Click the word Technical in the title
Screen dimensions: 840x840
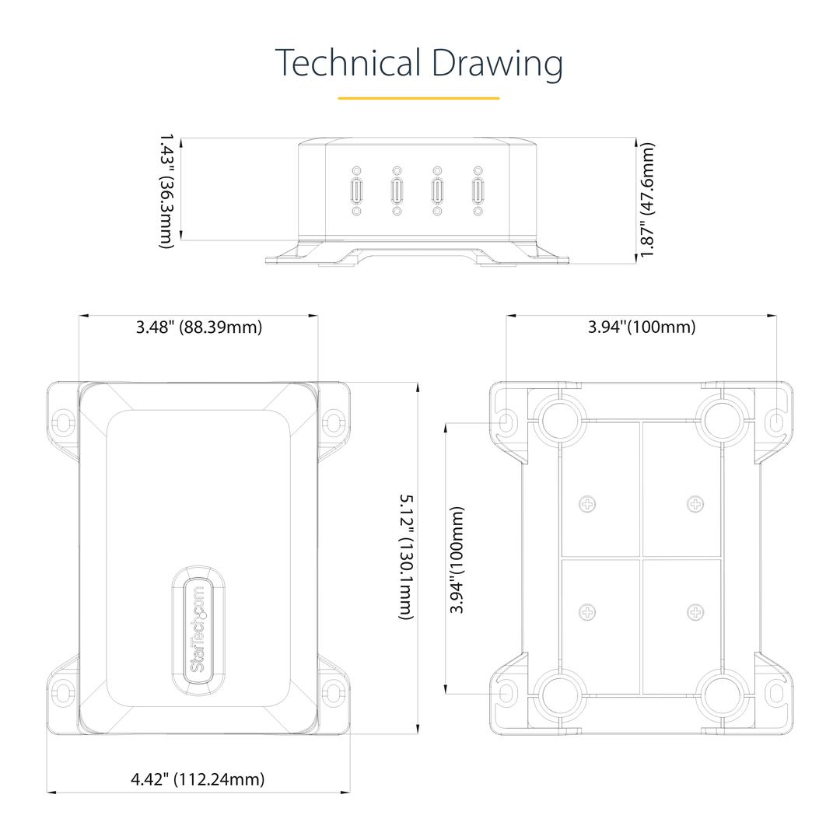[x=348, y=63]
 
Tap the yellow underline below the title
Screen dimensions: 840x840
[x=418, y=98]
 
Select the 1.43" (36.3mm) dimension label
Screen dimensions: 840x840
[x=168, y=191]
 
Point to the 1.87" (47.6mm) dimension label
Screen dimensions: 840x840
[x=647, y=200]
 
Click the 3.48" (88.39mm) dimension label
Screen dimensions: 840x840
[x=199, y=327]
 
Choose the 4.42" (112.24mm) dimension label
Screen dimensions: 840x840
[x=198, y=779]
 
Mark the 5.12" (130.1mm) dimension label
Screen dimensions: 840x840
[x=407, y=557]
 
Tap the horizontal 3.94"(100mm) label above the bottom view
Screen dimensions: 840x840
[x=642, y=327]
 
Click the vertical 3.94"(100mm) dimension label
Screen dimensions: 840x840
[x=457, y=560]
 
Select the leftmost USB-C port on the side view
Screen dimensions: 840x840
[x=356, y=191]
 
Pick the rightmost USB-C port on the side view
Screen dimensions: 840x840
[x=478, y=191]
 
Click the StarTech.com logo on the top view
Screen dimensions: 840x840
[x=198, y=628]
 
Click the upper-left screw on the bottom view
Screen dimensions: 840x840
[x=588, y=504]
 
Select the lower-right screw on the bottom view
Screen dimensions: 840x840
[x=695, y=612]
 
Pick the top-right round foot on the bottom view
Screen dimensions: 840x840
[x=722, y=420]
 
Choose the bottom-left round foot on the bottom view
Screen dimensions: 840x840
[x=560, y=695]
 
